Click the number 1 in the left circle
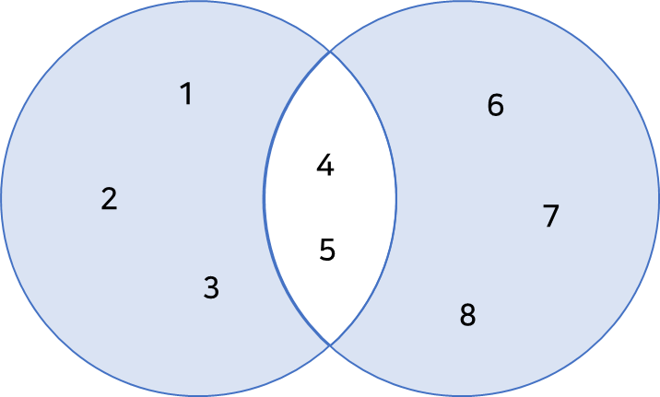tap(186, 94)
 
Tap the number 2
tap(109, 199)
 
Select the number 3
tap(211, 288)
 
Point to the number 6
tap(496, 106)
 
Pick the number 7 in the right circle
tap(551, 216)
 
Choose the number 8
tap(467, 316)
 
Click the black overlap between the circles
tap(330, 198)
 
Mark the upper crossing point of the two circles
tap(330, 53)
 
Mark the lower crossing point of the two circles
tap(330, 344)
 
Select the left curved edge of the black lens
tap(265, 198)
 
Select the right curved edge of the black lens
tap(396, 198)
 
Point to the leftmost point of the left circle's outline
tap(2, 198)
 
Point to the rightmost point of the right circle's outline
tap(658, 198)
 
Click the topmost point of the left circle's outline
tap(198, 2)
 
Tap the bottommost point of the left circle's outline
tap(198, 395)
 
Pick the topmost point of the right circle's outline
tap(462, 2)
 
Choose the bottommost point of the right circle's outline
tap(462, 395)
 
